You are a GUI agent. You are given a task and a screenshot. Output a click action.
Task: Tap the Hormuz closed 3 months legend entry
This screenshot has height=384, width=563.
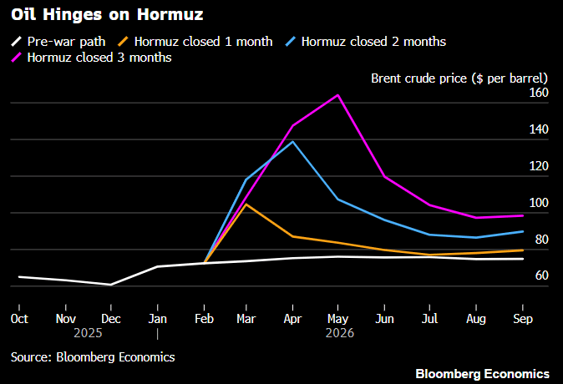pyautogui.click(x=99, y=58)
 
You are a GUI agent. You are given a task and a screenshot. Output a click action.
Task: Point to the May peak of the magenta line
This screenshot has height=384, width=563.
pyautogui.click(x=337, y=95)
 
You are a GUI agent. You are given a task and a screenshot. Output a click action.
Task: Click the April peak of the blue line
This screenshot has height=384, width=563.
pyautogui.click(x=292, y=141)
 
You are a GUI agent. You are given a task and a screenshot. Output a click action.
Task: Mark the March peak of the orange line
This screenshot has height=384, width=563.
pyautogui.click(x=246, y=204)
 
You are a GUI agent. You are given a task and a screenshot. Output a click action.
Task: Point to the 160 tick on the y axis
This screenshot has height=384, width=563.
pyautogui.click(x=537, y=93)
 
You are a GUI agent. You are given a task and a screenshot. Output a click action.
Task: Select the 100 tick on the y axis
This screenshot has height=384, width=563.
pyautogui.click(x=537, y=204)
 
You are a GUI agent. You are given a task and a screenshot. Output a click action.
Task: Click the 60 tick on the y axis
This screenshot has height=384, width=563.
pyautogui.click(x=541, y=276)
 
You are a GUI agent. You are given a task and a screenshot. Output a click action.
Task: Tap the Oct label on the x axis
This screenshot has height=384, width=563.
pyautogui.click(x=18, y=319)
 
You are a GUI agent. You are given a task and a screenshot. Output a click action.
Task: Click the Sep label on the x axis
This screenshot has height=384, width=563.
pyautogui.click(x=522, y=319)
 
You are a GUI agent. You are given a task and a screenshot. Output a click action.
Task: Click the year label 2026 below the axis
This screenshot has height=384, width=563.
pyautogui.click(x=340, y=332)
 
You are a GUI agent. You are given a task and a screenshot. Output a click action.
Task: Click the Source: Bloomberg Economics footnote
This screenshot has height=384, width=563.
pyautogui.click(x=93, y=356)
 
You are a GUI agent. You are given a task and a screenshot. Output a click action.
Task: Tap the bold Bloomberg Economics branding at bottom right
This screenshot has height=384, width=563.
pyautogui.click(x=482, y=373)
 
